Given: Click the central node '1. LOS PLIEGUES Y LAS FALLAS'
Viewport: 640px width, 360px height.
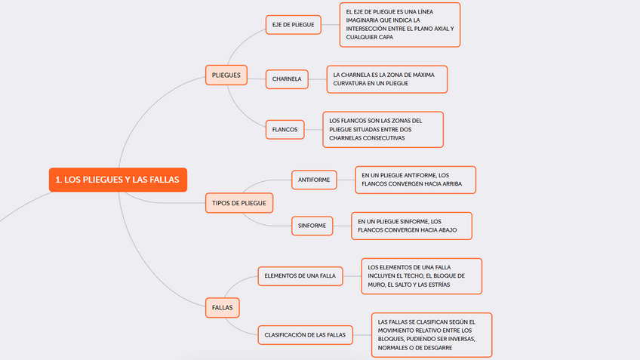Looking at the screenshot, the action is pos(118,180).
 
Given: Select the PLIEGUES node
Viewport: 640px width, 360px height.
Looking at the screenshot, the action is pos(226,75).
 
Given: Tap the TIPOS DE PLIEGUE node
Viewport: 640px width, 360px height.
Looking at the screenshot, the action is pos(239,203).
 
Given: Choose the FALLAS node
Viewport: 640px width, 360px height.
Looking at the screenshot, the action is pos(222,307).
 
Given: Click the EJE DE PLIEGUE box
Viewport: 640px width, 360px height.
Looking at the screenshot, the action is pos(294,24).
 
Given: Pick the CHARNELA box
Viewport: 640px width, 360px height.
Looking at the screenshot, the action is pos(287,78).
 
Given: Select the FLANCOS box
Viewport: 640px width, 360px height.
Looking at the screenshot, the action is pos(285,129).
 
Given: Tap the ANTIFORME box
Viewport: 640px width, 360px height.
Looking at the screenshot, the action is pos(313,180).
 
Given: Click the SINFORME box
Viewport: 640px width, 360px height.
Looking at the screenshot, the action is pos(312,225).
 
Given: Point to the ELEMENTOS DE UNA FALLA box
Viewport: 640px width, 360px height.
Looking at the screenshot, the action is pos(300,275).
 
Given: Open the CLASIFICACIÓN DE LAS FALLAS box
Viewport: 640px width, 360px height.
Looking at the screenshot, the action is pos(305,334).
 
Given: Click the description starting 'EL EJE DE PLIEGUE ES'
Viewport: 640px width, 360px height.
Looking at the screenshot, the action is pos(399,24).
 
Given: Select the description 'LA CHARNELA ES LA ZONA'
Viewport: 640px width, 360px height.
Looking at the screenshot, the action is pos(386,78).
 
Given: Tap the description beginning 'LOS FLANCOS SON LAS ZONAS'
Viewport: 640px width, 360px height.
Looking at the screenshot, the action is pos(383,129).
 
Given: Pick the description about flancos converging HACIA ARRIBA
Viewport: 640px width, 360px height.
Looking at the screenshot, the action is pos(415,180).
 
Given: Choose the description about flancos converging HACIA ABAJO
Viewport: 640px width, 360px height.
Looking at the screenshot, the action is pos(411,225).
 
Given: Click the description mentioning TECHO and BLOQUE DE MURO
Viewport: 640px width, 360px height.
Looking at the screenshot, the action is pos(421,275).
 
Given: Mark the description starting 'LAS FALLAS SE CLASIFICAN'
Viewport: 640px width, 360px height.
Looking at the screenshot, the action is pos(431,334).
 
